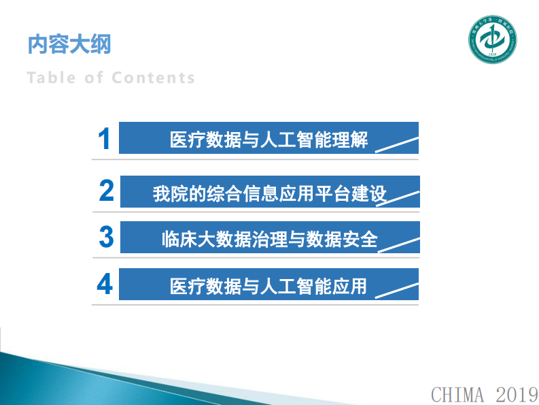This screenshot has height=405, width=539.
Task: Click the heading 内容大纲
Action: coord(69,44)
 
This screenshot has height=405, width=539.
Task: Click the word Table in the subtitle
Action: coord(52,78)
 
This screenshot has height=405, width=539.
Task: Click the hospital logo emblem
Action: coord(493,38)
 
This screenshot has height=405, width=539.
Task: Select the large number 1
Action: coord(104,139)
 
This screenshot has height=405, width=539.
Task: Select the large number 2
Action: coord(106,191)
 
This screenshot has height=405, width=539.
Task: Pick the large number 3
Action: coord(106,237)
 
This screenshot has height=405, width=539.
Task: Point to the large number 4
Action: coord(105,284)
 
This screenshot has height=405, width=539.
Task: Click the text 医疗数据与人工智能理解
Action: coord(268,140)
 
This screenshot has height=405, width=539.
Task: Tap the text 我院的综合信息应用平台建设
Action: coord(269,194)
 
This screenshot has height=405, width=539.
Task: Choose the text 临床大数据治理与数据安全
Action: coord(269,240)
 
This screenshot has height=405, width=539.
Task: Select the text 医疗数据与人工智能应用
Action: coord(268,286)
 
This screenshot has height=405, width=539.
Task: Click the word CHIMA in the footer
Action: coord(457,394)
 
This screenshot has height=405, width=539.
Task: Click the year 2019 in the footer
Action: coord(516,394)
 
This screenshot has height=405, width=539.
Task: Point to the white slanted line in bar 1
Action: coord(398,145)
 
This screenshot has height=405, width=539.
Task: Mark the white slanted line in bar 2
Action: coord(399,198)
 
